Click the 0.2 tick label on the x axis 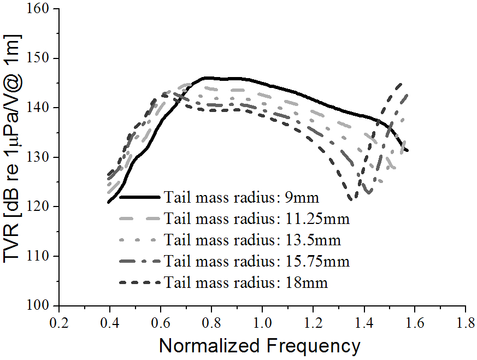pos(59,321)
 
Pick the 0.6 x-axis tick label pos(161,321)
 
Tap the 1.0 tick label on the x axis pos(262,321)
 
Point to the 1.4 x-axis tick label pos(364,321)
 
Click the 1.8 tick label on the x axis pos(466,321)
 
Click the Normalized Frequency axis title pos(260,346)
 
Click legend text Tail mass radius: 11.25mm pos(257,218)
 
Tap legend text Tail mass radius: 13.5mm pos(253,239)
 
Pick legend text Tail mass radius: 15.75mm pos(257,261)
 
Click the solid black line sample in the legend pos(140,197)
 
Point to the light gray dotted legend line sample pos(140,239)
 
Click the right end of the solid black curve pos(407,150)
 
